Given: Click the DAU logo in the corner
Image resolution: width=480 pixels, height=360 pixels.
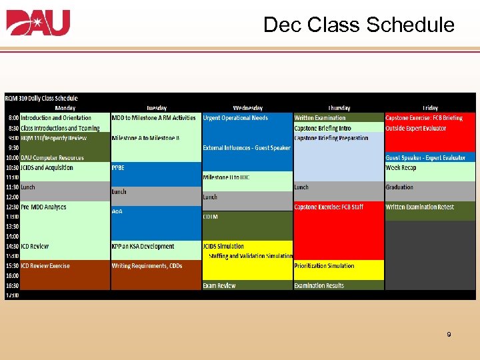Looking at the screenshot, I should pyautogui.click(x=38, y=23).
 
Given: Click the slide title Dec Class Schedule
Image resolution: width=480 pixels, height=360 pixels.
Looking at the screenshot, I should pyautogui.click(x=359, y=25).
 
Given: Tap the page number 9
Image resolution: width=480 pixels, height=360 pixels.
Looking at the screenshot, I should pyautogui.click(x=449, y=335).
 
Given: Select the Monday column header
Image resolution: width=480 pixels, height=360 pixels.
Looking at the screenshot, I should pyautogui.click(x=65, y=108).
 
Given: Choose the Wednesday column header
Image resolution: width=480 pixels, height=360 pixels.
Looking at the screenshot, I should pyautogui.click(x=247, y=108).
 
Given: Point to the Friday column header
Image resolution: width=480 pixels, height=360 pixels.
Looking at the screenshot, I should pyautogui.click(x=430, y=108).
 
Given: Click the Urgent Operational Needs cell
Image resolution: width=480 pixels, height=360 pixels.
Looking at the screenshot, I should pyautogui.click(x=235, y=118).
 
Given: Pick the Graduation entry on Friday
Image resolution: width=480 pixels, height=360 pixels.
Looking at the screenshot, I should pyautogui.click(x=399, y=187).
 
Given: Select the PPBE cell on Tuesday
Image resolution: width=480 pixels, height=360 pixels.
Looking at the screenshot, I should pyautogui.click(x=118, y=167).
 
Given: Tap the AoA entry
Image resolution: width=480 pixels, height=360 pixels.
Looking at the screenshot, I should pyautogui.click(x=117, y=211).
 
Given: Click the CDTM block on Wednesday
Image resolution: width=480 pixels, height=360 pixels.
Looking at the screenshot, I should pyautogui.click(x=211, y=217).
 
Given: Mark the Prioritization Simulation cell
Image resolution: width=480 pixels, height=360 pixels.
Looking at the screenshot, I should pyautogui.click(x=325, y=266).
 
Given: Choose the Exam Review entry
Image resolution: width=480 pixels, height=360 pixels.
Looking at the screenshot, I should pyautogui.click(x=219, y=285).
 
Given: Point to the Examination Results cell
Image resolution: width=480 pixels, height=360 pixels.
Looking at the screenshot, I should pyautogui.click(x=319, y=285).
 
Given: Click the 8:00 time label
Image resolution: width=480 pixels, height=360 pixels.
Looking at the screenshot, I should pyautogui.click(x=13, y=118).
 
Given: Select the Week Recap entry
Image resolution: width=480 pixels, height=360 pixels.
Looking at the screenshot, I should pyautogui.click(x=401, y=167).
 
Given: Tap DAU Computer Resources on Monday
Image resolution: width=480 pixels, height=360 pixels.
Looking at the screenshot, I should pyautogui.click(x=52, y=158).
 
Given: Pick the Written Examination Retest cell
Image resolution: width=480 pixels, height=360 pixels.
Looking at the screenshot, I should pyautogui.click(x=419, y=207).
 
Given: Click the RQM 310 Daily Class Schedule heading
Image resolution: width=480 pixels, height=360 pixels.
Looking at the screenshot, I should pyautogui.click(x=41, y=99).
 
